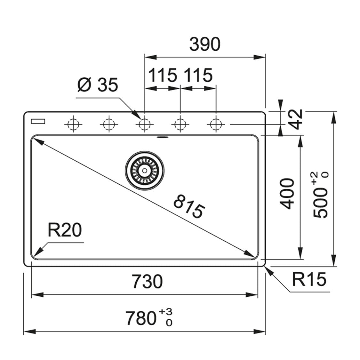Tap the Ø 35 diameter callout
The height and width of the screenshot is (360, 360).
pos(98,85)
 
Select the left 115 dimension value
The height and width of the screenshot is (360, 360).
pos(163,76)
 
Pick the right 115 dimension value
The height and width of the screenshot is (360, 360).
pos(198,76)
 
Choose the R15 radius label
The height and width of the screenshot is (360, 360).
pos(309,279)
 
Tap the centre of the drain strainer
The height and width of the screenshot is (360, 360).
pos(145,170)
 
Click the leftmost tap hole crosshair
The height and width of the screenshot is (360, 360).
pos(73,124)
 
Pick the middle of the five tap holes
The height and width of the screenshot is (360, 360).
pos(145,124)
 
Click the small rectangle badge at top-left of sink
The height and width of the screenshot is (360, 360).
pos(38,121)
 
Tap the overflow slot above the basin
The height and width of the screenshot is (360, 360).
pos(163,137)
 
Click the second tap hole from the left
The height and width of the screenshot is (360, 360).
pos(109,124)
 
